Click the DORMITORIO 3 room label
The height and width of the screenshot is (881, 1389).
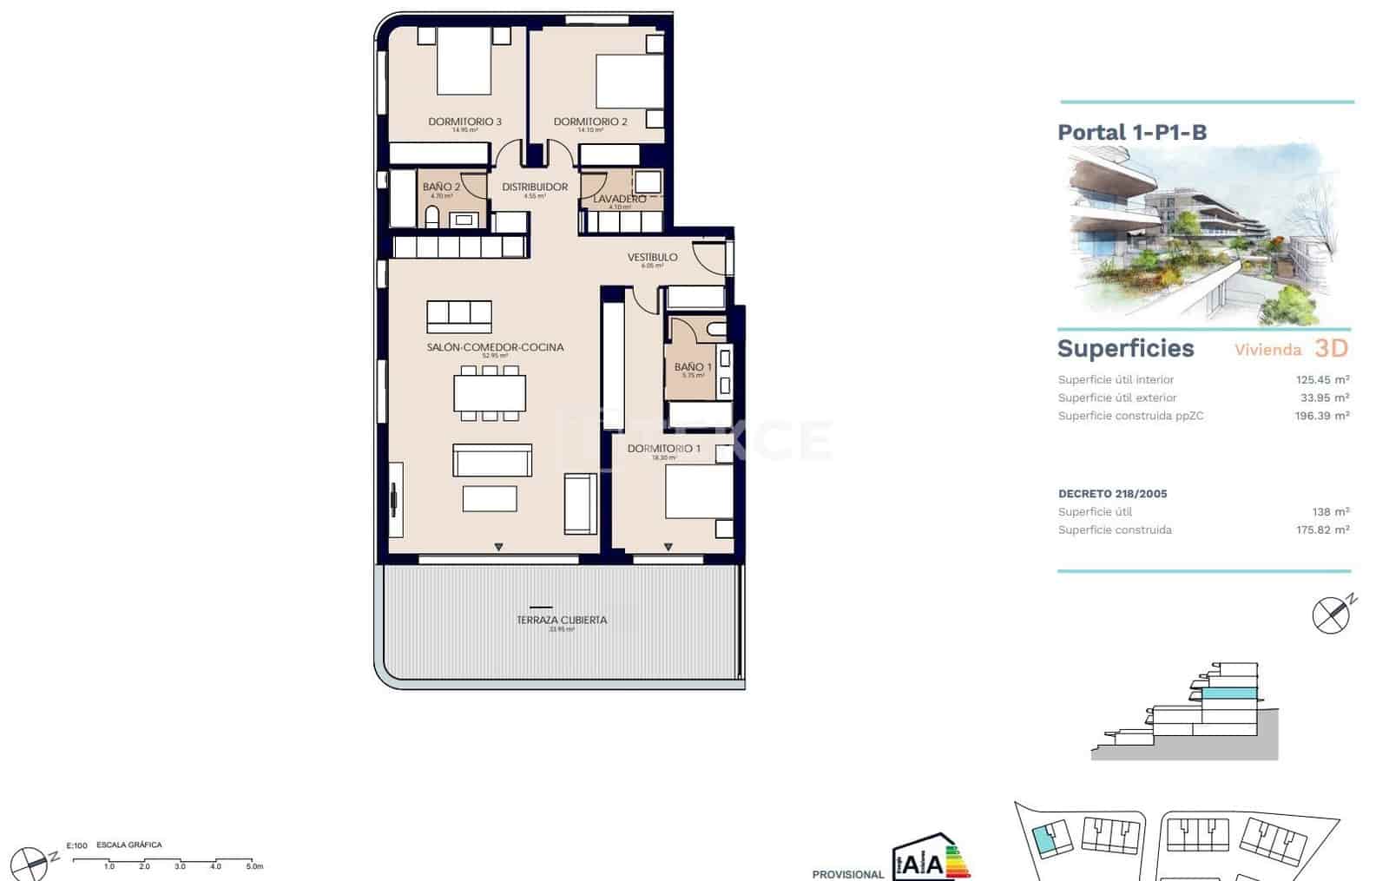tap(464, 122)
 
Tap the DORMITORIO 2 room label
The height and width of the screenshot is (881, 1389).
tap(590, 122)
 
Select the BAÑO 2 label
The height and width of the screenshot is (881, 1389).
tap(441, 187)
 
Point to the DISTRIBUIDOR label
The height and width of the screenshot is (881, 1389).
tap(535, 187)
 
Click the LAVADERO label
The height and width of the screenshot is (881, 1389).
tap(619, 200)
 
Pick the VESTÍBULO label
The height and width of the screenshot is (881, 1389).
tap(652, 257)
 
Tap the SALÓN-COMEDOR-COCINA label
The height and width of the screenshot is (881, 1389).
tap(495, 347)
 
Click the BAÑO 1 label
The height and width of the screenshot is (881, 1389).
tap(693, 367)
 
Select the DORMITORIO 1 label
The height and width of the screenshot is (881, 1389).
tap(663, 449)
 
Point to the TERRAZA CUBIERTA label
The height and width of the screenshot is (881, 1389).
tap(562, 620)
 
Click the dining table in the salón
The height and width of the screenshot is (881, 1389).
tap(490, 392)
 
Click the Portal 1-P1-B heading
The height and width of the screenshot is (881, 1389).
tap(1132, 132)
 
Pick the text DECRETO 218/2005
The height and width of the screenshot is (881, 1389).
tap(1112, 494)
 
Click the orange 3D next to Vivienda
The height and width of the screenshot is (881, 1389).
tap(1331, 348)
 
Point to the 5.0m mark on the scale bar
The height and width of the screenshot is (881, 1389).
tap(253, 866)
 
